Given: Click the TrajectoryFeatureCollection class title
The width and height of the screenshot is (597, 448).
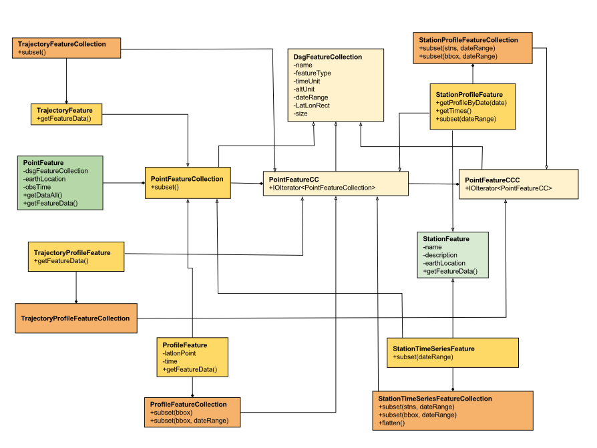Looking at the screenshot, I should (61, 44).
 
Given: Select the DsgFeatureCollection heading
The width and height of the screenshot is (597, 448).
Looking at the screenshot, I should (327, 57).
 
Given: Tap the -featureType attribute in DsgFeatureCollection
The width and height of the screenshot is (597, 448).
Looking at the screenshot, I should (312, 73).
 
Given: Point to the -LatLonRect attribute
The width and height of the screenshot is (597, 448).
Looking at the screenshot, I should (311, 105).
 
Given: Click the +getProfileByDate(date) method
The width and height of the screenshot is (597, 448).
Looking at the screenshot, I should (471, 103).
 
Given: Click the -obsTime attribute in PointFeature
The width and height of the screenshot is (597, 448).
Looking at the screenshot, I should (37, 187).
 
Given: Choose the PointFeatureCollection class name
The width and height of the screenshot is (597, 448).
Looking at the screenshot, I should (187, 179).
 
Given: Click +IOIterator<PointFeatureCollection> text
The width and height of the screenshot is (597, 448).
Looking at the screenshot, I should (322, 188).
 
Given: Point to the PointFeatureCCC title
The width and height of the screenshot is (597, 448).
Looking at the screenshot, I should (492, 180).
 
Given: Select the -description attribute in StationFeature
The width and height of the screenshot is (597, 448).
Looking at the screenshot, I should (440, 255).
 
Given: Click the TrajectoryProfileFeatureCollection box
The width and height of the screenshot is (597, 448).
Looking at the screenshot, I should (75, 318).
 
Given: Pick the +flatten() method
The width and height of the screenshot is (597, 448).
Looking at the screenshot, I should (391, 423).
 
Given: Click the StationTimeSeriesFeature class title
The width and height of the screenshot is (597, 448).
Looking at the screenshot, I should (433, 349).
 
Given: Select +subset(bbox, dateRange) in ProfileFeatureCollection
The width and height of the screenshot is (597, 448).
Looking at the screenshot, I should (189, 421).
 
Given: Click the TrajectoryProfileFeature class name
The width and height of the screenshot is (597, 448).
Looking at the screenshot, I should (72, 253).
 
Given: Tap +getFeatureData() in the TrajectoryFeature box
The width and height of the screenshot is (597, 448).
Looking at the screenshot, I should (63, 118).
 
